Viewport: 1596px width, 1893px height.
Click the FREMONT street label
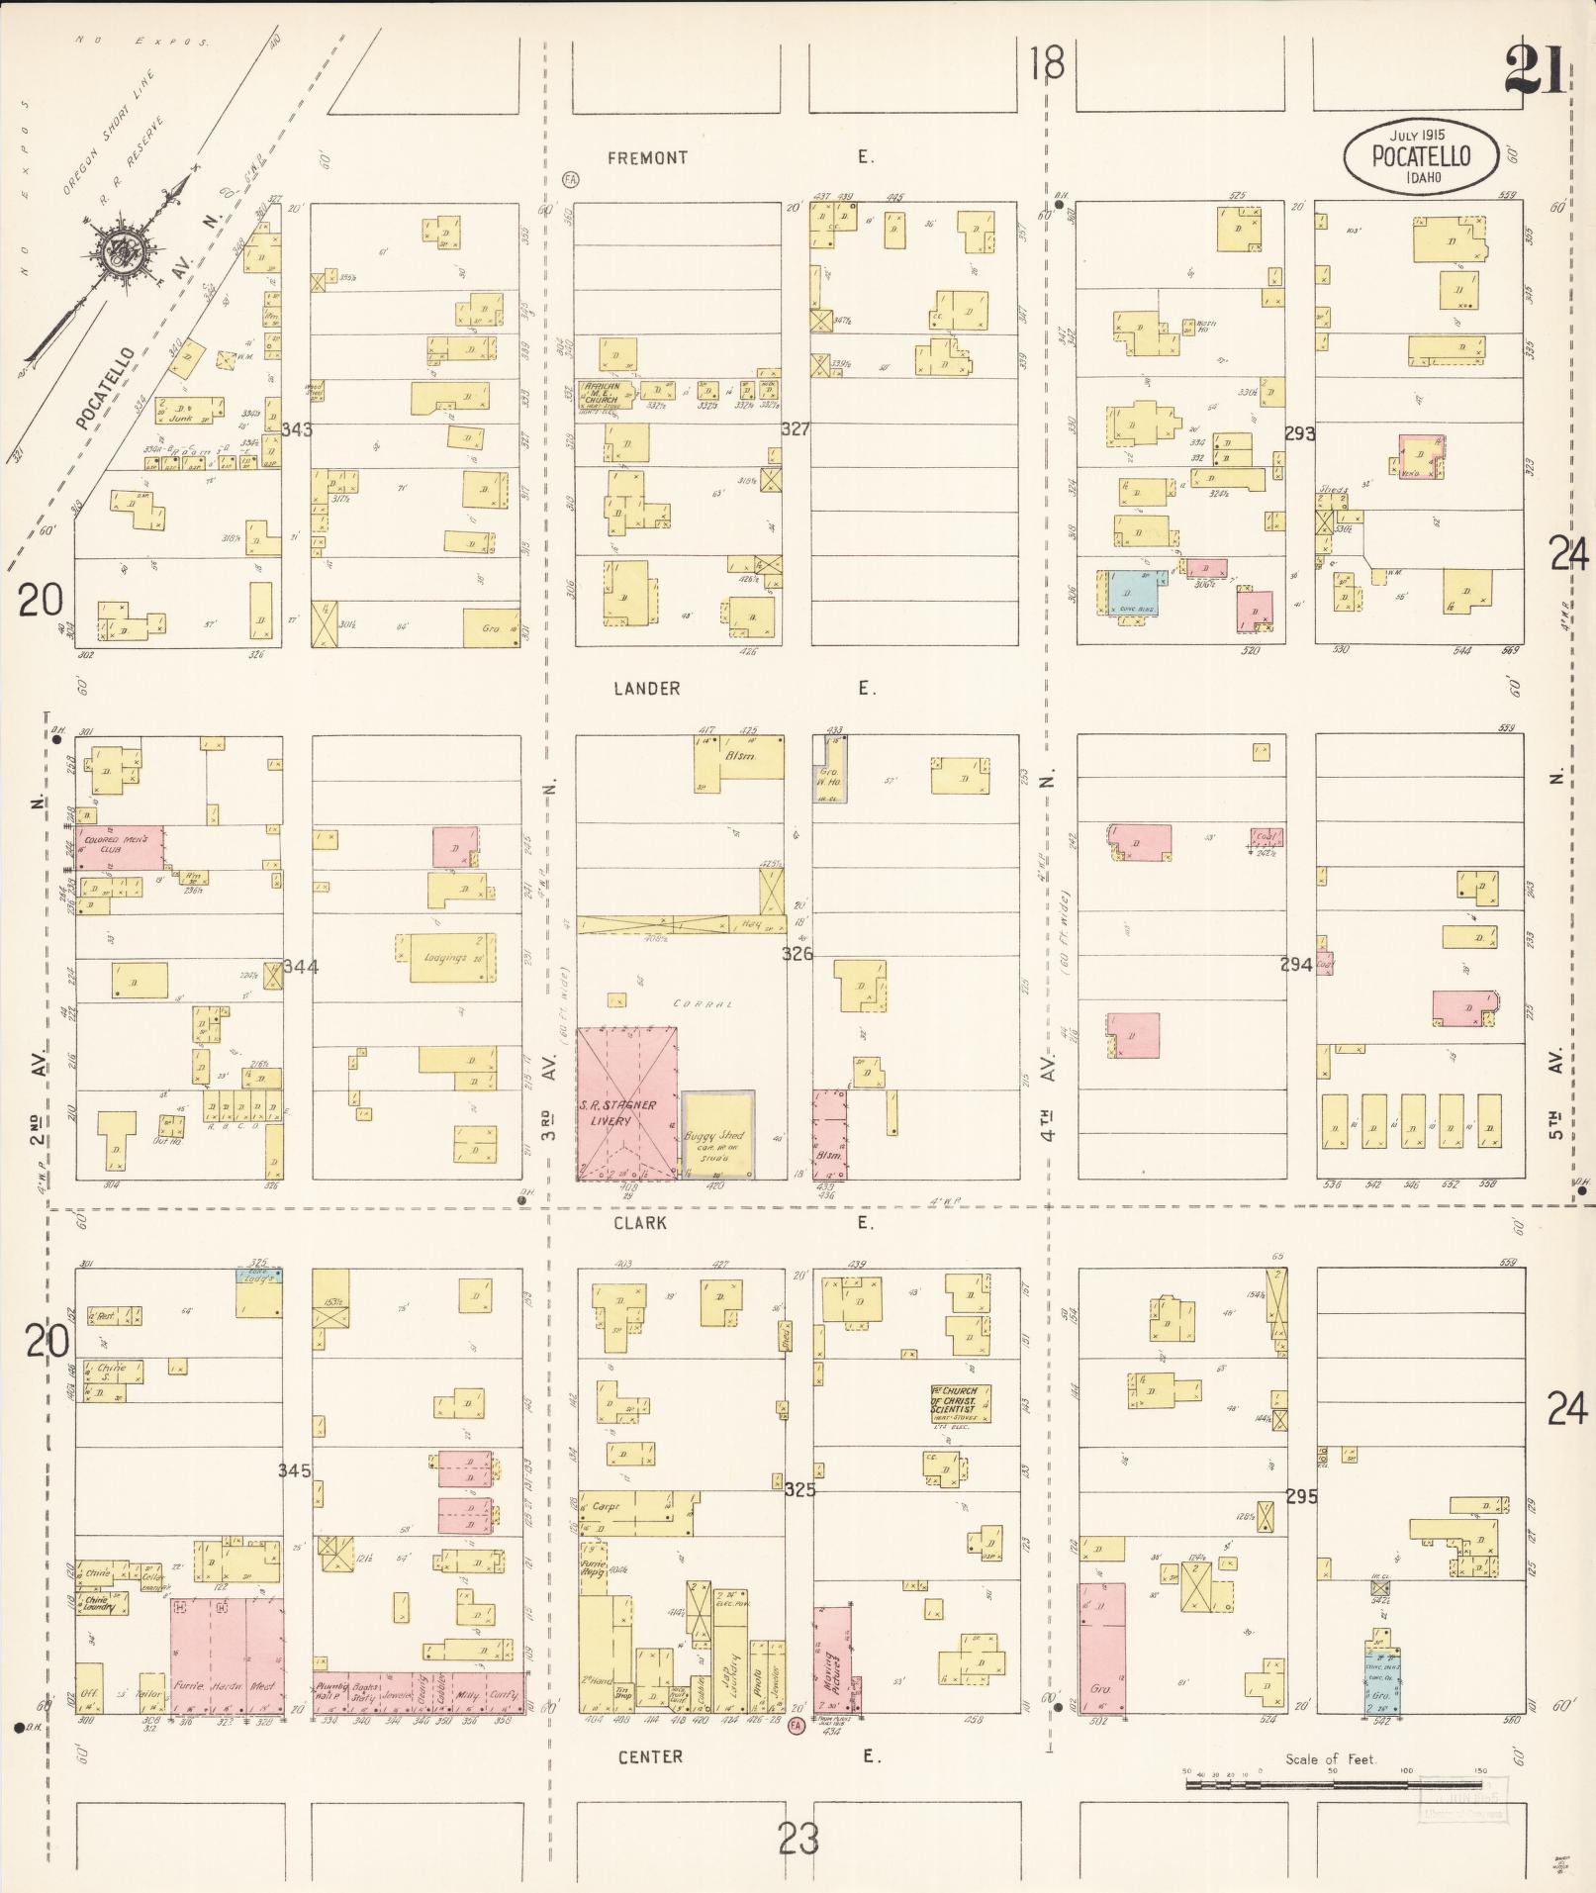coord(647,158)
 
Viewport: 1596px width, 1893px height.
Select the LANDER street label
coord(646,689)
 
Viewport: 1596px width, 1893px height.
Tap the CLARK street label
coord(640,1223)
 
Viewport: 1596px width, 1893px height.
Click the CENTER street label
coord(650,1756)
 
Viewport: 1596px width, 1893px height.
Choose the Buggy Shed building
coord(718,1135)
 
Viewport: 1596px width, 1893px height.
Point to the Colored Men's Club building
coord(120,847)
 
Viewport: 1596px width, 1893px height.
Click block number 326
coord(797,954)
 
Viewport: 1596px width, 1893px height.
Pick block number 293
coord(1299,433)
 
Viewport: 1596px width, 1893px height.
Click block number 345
coord(294,1470)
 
